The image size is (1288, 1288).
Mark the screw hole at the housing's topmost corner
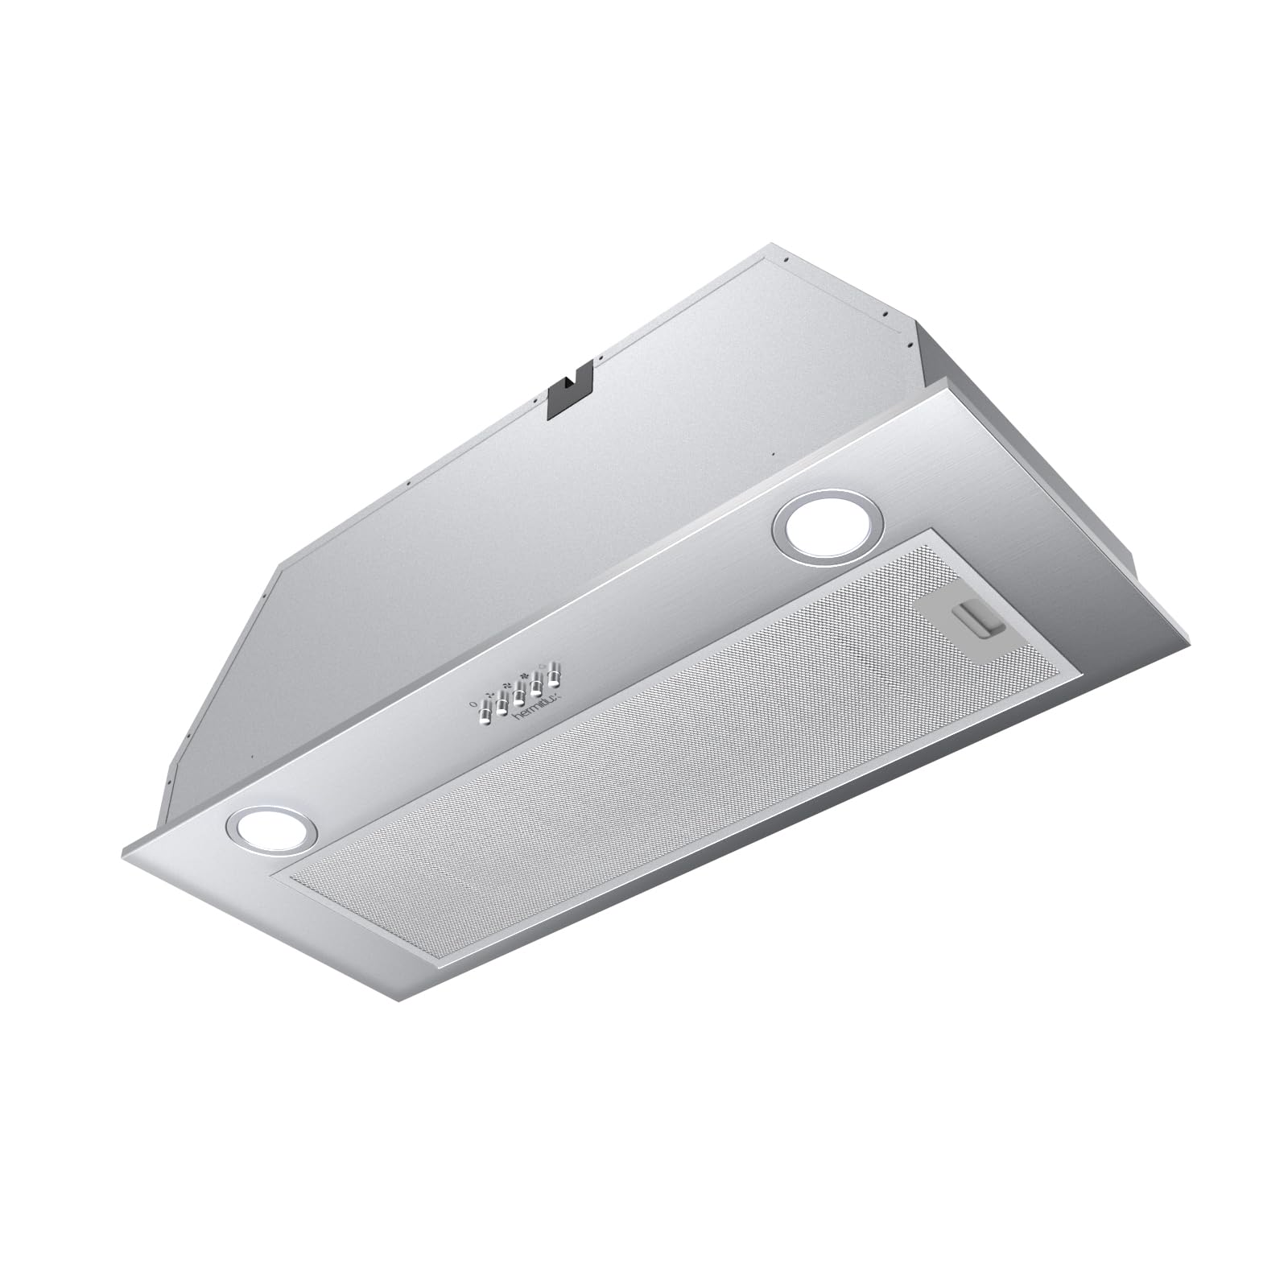coord(782,260)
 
